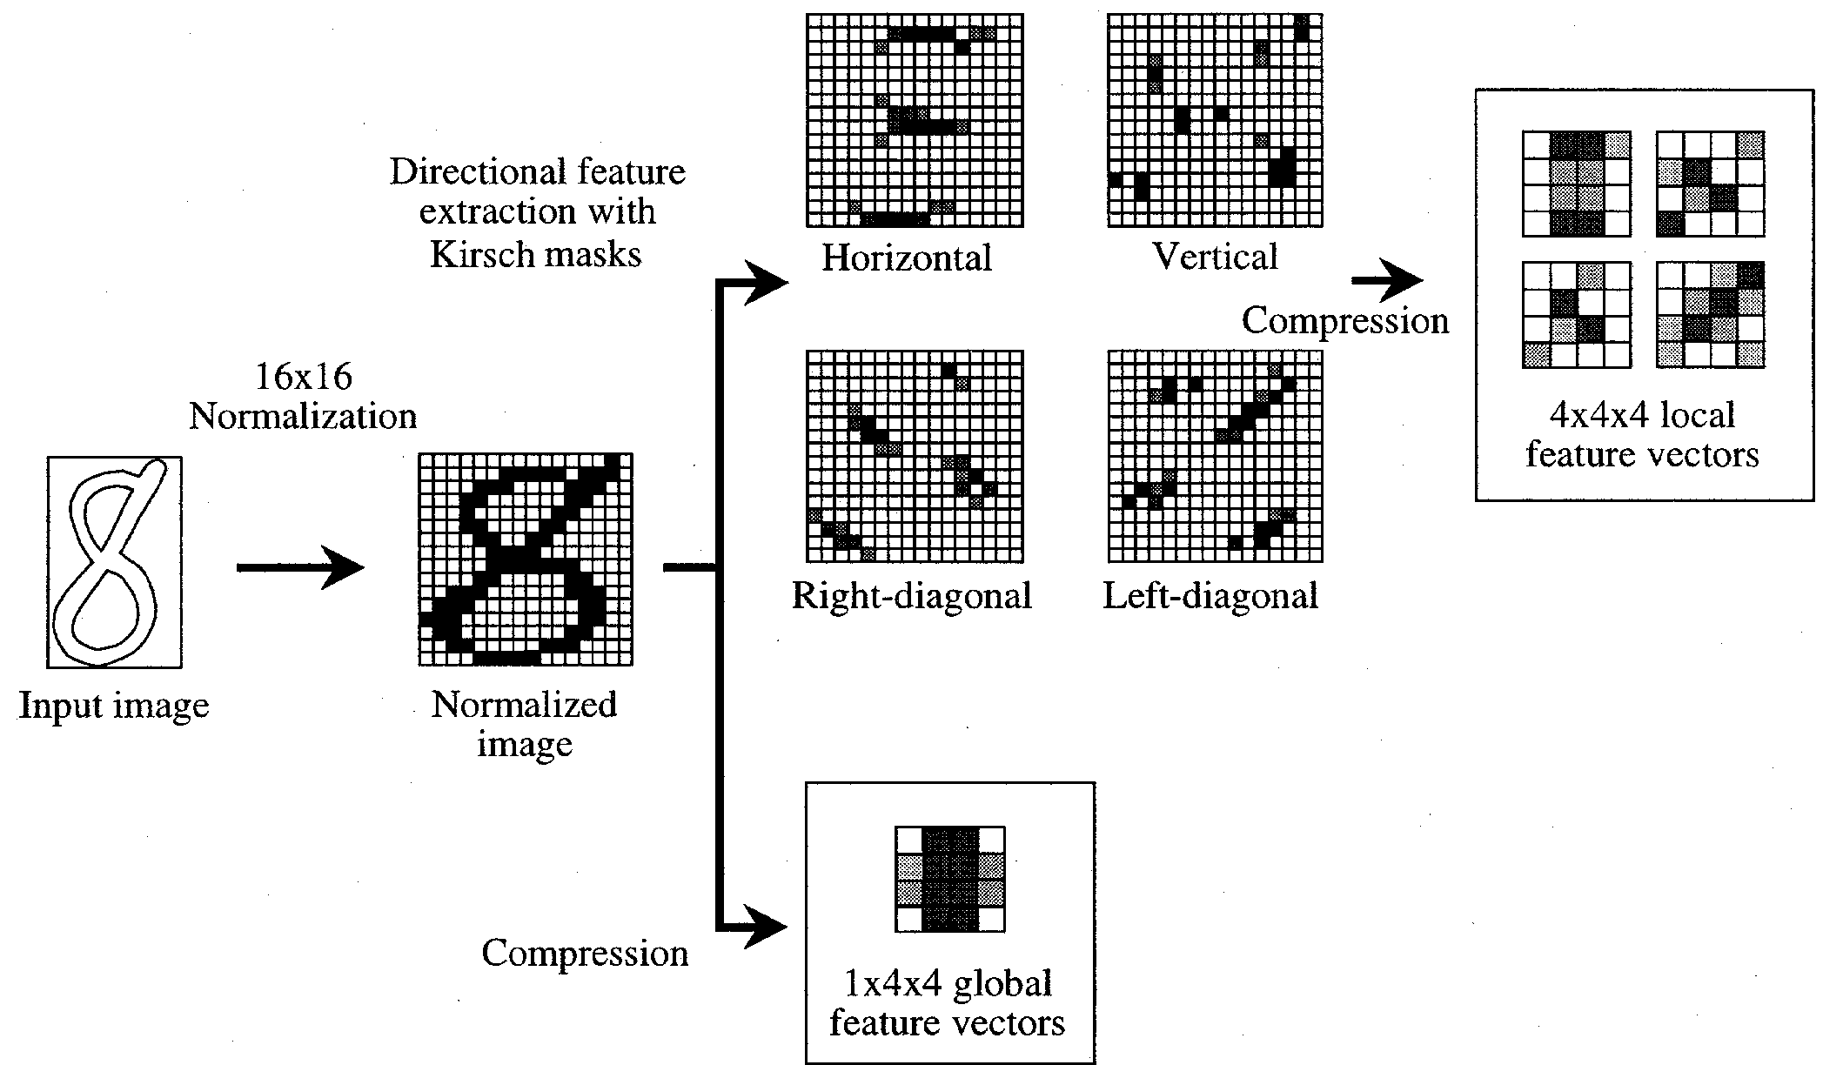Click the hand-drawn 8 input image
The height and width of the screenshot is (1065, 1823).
[x=114, y=562]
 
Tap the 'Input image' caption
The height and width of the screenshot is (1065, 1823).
[x=114, y=706]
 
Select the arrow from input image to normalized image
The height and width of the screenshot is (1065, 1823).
[x=299, y=568]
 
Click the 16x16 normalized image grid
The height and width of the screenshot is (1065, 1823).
[x=526, y=559]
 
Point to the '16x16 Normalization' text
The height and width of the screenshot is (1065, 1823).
[x=303, y=397]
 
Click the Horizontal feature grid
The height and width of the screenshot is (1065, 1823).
[x=914, y=120]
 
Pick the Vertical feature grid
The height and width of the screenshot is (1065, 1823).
[x=1215, y=120]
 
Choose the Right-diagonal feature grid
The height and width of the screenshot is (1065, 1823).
[x=914, y=456]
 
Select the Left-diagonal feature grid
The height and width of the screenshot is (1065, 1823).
[x=1215, y=456]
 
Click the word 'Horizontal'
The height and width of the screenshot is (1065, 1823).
[x=907, y=258]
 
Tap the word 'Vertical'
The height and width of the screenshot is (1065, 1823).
[x=1215, y=257]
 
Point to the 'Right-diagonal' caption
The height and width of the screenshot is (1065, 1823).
[x=911, y=596]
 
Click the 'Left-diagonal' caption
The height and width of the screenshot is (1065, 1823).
[x=1210, y=596]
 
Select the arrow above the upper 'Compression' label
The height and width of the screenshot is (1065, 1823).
[x=1387, y=281]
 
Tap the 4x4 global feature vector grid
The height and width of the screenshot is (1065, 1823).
[x=950, y=879]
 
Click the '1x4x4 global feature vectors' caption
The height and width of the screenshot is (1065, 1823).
[x=948, y=1003]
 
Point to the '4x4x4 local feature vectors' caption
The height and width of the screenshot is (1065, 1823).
[x=1642, y=434]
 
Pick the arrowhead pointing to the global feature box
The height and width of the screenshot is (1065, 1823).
[x=767, y=928]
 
